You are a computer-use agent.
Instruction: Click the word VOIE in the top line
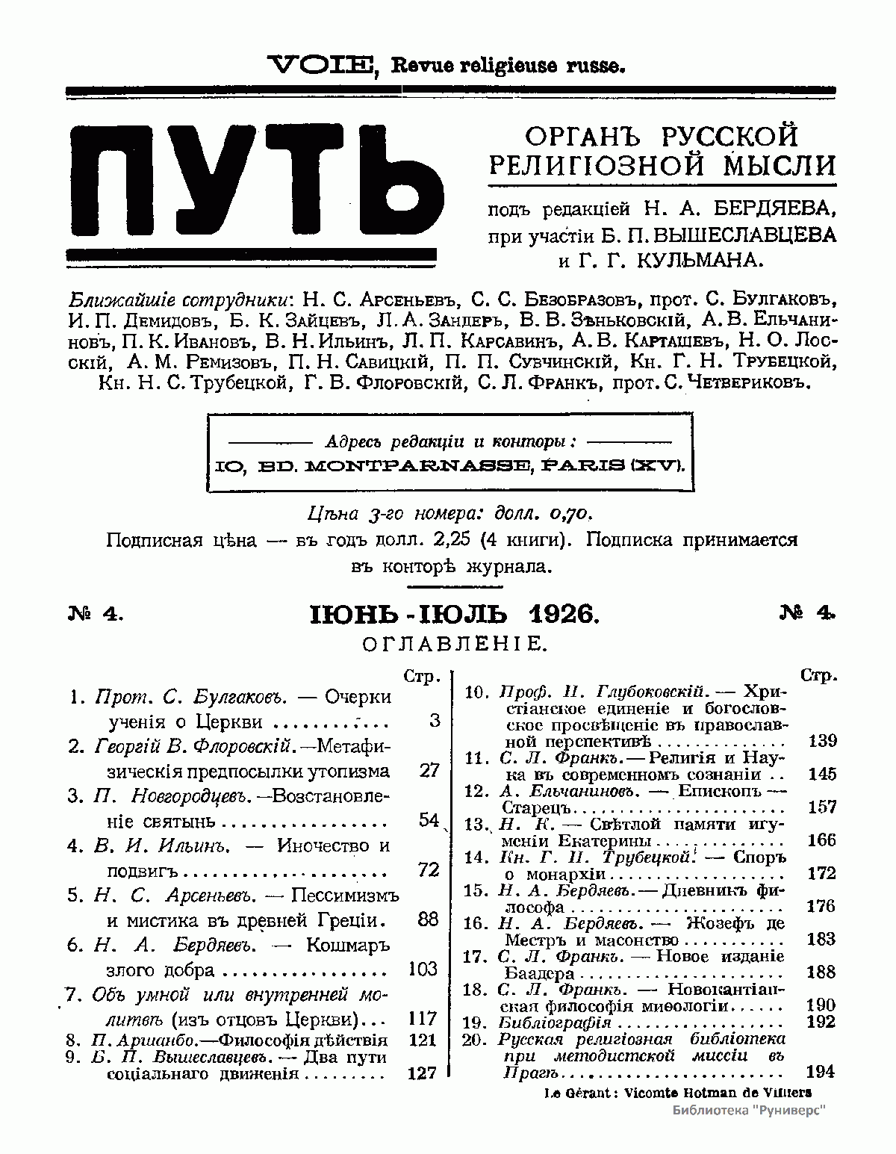click(x=322, y=66)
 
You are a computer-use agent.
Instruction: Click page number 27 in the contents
click(x=429, y=770)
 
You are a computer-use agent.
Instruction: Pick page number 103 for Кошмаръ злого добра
click(x=423, y=969)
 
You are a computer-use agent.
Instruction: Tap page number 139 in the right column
click(x=822, y=741)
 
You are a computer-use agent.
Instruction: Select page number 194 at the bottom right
click(x=821, y=1072)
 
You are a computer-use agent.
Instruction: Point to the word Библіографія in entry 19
click(x=555, y=1022)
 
